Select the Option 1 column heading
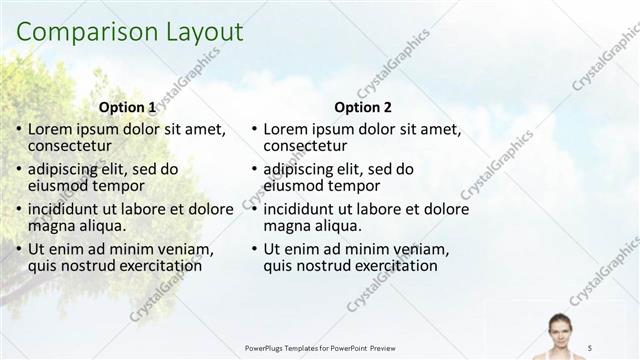pos(127,108)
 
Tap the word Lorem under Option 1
pos(50,129)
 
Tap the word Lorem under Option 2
pos(286,129)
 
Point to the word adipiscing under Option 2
pos(300,170)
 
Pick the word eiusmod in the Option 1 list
pos(59,186)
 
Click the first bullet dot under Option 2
pos(255,130)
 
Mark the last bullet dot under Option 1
pos(19,250)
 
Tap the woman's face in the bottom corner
pos(557,326)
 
